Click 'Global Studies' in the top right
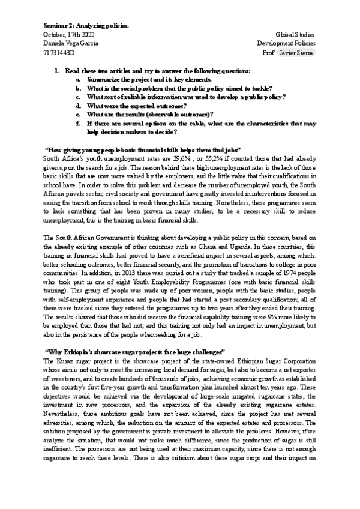point(295,35)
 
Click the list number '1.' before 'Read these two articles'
point(56,70)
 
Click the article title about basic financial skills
point(143,149)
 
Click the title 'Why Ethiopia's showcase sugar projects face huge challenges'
point(135,351)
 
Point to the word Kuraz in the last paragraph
point(65,360)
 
